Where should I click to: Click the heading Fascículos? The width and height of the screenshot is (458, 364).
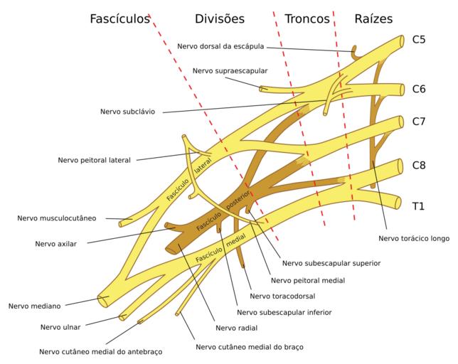point(119,19)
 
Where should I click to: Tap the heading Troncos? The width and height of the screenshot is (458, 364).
point(307,19)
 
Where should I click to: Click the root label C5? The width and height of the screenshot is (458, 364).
point(419,40)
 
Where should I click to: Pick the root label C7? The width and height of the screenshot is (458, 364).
point(419,121)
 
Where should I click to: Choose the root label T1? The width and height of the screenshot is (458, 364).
point(419,206)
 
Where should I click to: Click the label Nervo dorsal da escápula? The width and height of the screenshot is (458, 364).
point(220,46)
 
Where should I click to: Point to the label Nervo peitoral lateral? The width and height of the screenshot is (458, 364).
point(95,160)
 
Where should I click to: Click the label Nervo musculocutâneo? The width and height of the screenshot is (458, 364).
point(57,218)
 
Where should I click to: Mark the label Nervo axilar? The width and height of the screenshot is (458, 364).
point(56,243)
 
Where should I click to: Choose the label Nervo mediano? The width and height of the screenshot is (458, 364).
point(34,306)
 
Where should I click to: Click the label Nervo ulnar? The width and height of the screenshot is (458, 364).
point(60,327)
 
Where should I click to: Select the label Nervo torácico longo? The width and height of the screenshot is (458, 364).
point(414,239)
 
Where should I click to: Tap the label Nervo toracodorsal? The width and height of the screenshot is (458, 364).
point(282,296)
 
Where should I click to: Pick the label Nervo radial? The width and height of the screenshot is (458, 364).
point(238,328)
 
